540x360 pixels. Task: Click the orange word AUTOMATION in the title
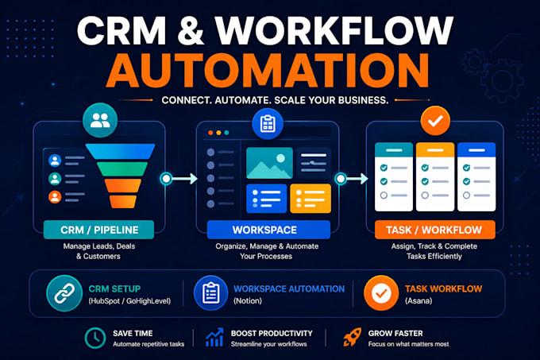pyautogui.click(x=268, y=70)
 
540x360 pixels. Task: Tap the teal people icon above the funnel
pyautogui.click(x=100, y=120)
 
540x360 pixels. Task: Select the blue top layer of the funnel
pyautogui.click(x=120, y=152)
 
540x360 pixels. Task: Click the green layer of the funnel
pyautogui.click(x=122, y=169)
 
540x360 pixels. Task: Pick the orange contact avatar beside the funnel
pyautogui.click(x=55, y=197)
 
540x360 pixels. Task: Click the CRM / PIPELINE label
pyautogui.click(x=98, y=230)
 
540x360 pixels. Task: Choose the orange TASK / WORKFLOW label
pyautogui.click(x=434, y=230)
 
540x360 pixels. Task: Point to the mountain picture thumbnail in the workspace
pyautogui.click(x=269, y=163)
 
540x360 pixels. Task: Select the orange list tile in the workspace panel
pyautogui.click(x=310, y=199)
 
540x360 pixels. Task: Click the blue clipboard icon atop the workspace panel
pyautogui.click(x=268, y=124)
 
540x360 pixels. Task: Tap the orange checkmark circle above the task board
pyautogui.click(x=435, y=121)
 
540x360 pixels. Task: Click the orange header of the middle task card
pyautogui.click(x=435, y=150)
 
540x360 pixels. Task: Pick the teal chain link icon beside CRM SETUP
pyautogui.click(x=64, y=293)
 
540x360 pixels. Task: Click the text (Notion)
pyautogui.click(x=248, y=300)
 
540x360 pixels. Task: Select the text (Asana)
pyautogui.click(x=418, y=300)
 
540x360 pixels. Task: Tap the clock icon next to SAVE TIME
pyautogui.click(x=95, y=338)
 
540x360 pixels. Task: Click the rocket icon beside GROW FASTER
pyautogui.click(x=352, y=337)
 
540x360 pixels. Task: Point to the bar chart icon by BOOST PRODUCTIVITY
pyautogui.click(x=214, y=337)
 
